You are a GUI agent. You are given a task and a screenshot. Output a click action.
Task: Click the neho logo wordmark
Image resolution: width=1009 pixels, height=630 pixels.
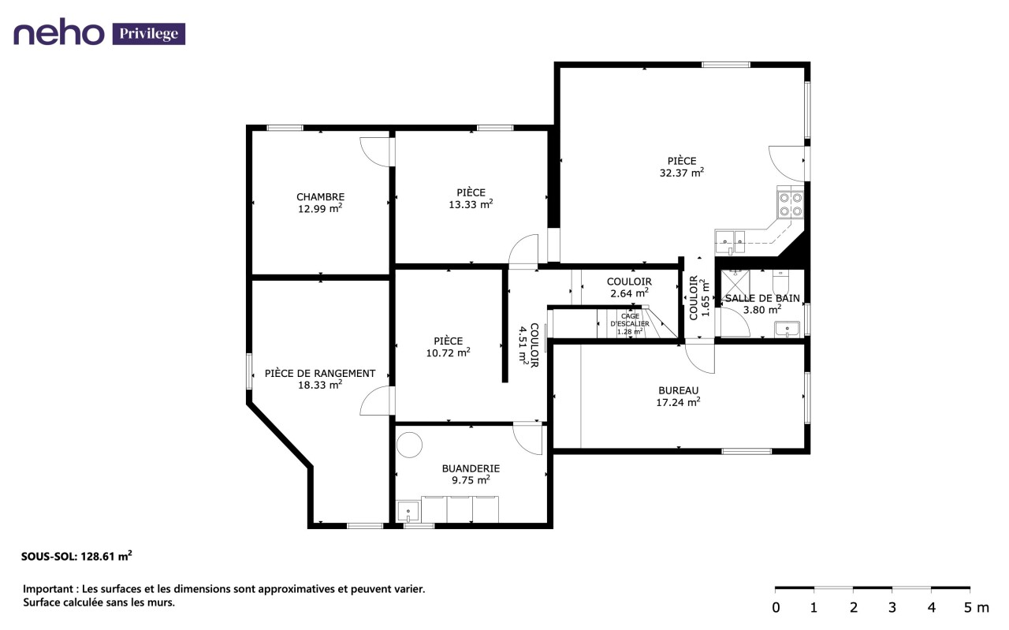(58, 32)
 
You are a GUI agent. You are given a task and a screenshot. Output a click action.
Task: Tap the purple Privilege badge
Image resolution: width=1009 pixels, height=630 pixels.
(149, 34)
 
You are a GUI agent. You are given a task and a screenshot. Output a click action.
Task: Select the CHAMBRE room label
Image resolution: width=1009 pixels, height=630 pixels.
(320, 197)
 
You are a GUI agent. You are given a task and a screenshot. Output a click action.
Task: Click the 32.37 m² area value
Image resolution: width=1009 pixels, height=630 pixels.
(682, 173)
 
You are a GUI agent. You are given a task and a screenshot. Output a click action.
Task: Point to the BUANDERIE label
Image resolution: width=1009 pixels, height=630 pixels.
(471, 468)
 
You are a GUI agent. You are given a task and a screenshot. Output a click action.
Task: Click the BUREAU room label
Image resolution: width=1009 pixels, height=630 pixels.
(679, 391)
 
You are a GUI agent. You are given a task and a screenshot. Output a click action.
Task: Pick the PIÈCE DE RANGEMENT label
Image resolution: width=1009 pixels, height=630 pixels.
(320, 374)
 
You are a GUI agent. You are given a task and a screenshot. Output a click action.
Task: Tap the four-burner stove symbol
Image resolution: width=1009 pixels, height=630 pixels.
(791, 204)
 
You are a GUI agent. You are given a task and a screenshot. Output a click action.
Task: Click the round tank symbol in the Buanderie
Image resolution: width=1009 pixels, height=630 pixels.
(409, 445)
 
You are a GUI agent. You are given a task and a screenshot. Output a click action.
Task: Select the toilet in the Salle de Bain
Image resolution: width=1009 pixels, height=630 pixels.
(780, 281)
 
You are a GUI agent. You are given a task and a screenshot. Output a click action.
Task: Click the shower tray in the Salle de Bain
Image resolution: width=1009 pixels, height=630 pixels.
(735, 285)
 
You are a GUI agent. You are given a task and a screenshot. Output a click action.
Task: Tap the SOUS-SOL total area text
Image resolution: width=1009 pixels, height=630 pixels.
(76, 556)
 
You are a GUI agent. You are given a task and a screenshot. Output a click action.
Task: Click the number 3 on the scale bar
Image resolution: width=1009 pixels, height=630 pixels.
(892, 608)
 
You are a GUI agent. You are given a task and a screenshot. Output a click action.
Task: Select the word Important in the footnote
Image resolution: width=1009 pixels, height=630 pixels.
(49, 589)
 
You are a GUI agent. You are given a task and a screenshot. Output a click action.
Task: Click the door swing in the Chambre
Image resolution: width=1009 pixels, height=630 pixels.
(374, 152)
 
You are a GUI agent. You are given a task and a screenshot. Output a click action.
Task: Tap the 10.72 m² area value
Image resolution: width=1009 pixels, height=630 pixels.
(449, 353)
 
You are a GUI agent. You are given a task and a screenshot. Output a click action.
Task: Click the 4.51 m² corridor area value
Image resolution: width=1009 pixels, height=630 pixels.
(523, 345)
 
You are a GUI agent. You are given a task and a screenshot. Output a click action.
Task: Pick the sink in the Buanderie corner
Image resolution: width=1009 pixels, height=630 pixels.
(408, 512)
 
